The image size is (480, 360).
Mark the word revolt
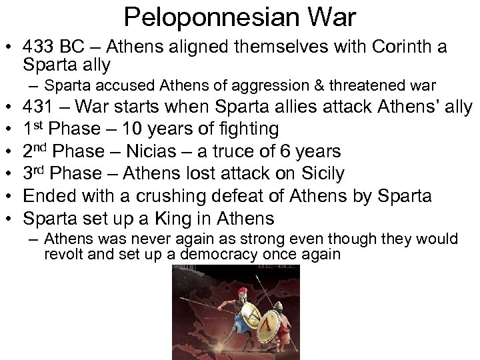(63, 254)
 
